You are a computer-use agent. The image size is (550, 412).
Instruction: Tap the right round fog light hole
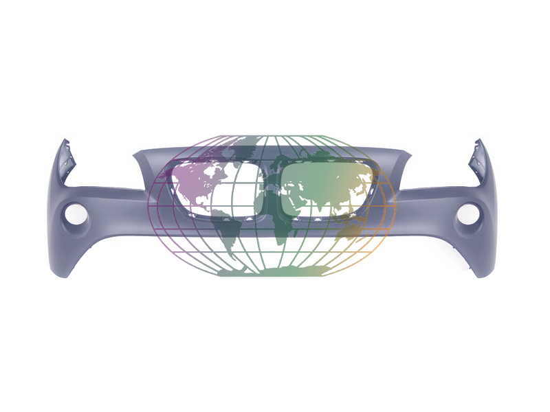click(x=470, y=215)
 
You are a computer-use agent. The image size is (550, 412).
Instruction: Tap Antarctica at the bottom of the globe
click(x=275, y=272)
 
